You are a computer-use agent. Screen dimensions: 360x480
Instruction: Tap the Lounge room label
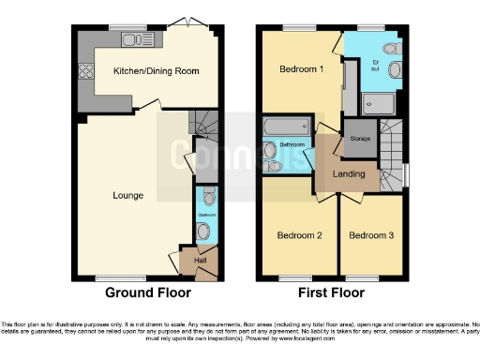pyautogui.click(x=127, y=196)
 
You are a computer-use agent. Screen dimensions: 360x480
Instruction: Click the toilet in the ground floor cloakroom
pyautogui.click(x=208, y=198)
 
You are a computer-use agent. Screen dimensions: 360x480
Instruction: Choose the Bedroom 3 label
pyautogui.click(x=372, y=235)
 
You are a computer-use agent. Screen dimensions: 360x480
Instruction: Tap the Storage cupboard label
pyautogui.click(x=361, y=139)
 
